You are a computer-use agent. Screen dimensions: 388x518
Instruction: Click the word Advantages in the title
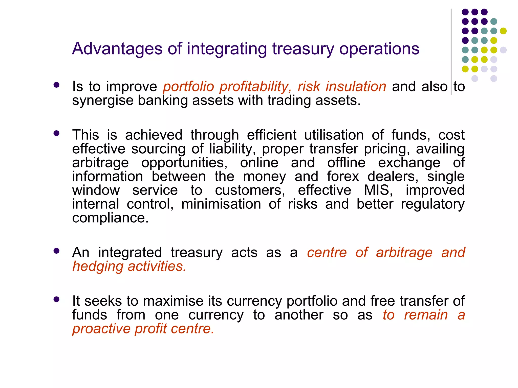(117, 48)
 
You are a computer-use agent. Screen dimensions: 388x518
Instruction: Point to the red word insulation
(356, 86)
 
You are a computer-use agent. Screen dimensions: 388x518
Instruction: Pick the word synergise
(102, 101)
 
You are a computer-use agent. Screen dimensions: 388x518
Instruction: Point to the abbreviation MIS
(378, 190)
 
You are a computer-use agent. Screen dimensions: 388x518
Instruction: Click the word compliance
(110, 218)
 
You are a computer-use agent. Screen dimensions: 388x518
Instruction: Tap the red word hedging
(98, 267)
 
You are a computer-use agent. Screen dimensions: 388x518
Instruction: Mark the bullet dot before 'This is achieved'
(56, 133)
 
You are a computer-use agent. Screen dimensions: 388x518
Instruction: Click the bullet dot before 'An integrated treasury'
(56, 251)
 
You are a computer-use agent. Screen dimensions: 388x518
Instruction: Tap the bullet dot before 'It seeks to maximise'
(56, 300)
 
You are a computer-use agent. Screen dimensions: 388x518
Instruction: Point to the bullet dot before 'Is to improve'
(56, 85)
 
